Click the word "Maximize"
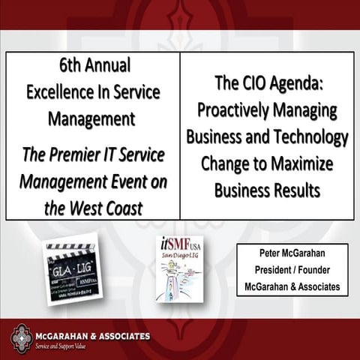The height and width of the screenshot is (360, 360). point(306,163)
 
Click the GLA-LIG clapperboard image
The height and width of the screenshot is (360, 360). point(71,269)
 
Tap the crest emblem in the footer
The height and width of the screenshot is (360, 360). point(21,338)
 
